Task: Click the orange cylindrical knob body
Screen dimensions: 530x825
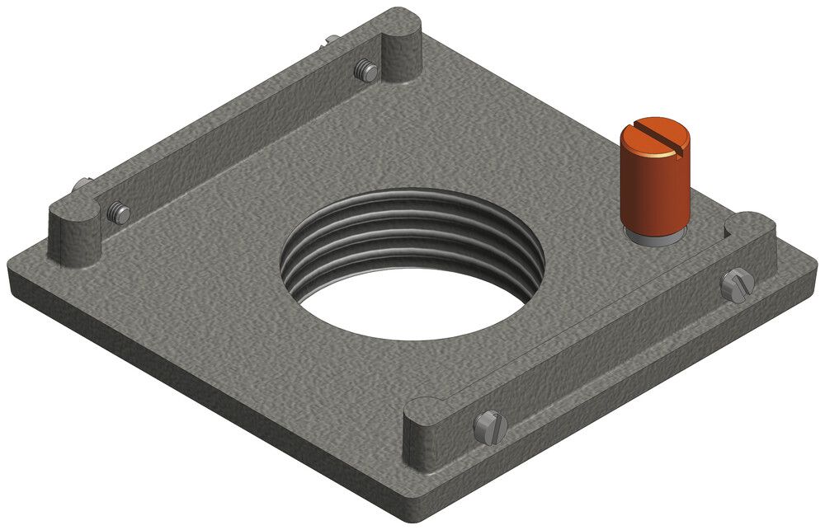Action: tap(655, 185)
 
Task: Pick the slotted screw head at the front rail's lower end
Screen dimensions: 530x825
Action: tap(488, 427)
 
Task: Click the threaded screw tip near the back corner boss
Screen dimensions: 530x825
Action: tap(366, 72)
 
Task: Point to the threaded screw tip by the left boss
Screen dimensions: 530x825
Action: tap(118, 214)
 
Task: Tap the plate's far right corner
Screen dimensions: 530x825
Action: tap(813, 264)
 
